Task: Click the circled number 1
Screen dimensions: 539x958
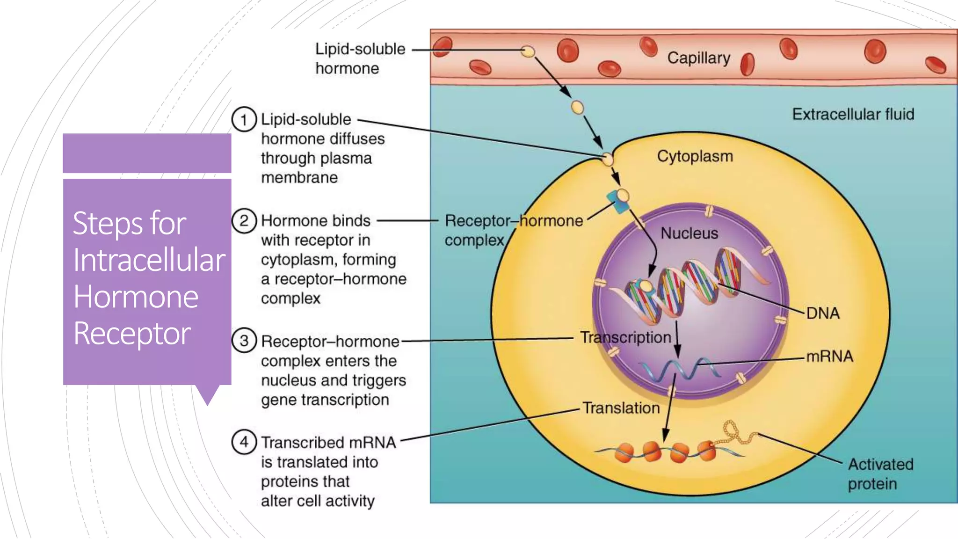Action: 244,119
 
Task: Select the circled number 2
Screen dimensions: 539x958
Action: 244,220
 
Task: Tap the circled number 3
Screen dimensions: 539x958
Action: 244,341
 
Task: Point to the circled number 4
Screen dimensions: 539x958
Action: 244,442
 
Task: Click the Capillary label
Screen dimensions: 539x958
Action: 698,58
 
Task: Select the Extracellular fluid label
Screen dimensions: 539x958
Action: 853,114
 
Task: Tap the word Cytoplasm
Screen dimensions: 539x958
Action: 695,156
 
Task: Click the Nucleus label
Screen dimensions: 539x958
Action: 689,233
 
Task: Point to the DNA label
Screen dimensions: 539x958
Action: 823,313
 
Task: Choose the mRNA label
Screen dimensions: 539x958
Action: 829,357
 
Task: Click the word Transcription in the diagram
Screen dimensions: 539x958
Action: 625,337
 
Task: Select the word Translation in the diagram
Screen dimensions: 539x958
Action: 621,408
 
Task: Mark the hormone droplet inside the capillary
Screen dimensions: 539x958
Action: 528,51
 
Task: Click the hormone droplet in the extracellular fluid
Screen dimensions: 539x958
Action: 577,108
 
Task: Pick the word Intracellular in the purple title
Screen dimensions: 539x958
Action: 149,260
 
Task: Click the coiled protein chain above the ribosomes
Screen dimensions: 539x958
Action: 737,433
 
